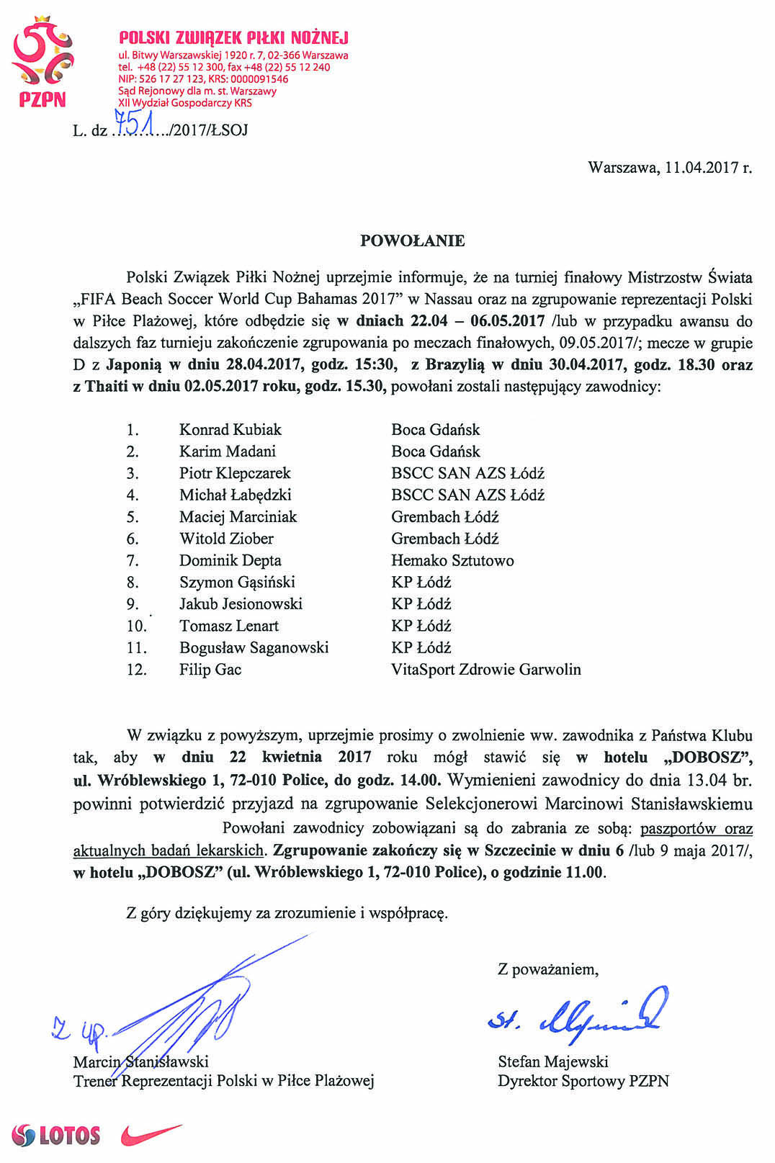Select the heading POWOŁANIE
pos(412,241)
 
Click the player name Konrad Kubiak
pos(230,430)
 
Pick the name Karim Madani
pos(228,452)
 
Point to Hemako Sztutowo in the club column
pos(452,560)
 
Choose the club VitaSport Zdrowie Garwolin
pos(485,670)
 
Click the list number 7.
pos(133,560)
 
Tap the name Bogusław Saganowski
pos(254,647)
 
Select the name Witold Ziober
pos(226,539)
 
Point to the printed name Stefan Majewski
pos(552,1061)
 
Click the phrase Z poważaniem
pos(547,969)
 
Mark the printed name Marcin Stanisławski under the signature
pos(140,1061)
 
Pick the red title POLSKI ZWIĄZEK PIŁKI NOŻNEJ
pos(233,37)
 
